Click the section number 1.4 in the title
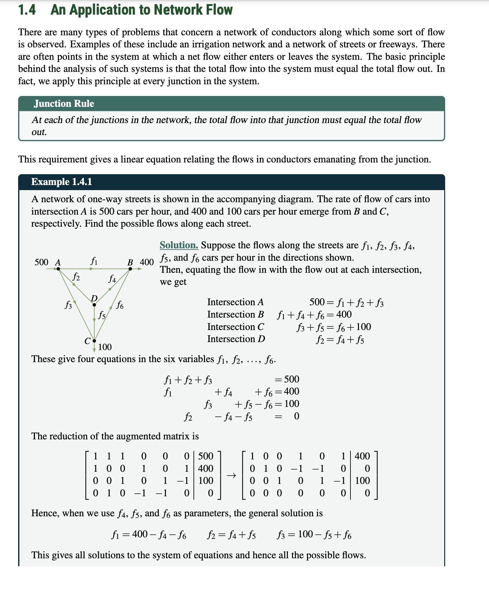click(x=27, y=10)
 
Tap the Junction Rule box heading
click(x=64, y=104)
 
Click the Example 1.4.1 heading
click(x=62, y=182)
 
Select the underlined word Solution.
click(x=179, y=245)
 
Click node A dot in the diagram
click(x=58, y=269)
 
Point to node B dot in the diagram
click(x=130, y=269)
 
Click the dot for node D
click(x=94, y=305)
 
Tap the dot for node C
click(x=94, y=341)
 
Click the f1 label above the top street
click(x=94, y=261)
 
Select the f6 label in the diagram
click(x=120, y=305)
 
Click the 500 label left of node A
click(x=41, y=262)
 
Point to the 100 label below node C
click(x=105, y=347)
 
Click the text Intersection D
click(x=236, y=339)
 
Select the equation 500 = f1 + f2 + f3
click(x=346, y=302)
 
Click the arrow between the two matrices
click(x=231, y=476)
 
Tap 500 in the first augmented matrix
click(x=206, y=456)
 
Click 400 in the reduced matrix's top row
click(x=362, y=456)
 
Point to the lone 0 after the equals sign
click(x=296, y=416)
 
